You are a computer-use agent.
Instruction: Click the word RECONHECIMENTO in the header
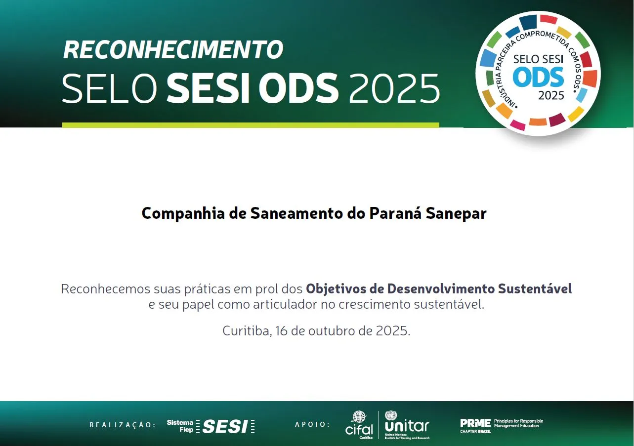[x=173, y=49]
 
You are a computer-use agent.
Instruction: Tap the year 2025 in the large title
[x=394, y=89]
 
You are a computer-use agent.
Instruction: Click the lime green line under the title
[x=251, y=125]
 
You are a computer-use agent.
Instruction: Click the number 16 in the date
[x=282, y=331]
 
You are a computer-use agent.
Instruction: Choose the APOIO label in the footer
[x=312, y=425]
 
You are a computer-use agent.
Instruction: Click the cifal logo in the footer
[x=359, y=424]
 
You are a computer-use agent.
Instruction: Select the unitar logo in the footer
[x=407, y=424]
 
